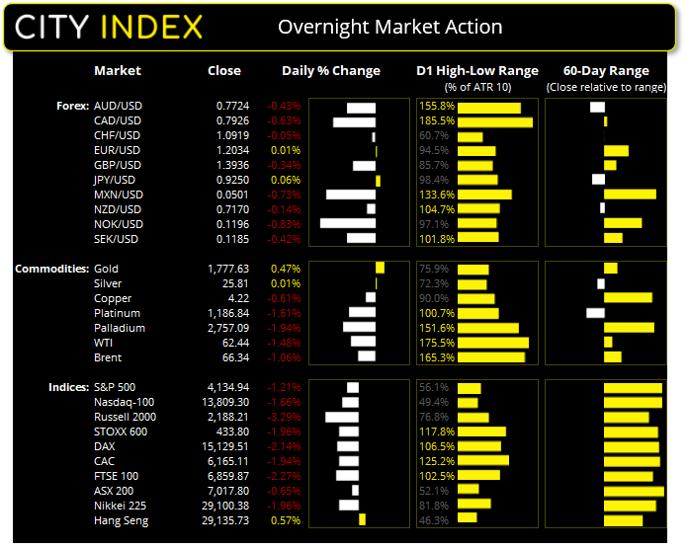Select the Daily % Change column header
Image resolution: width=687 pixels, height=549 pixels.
tap(331, 71)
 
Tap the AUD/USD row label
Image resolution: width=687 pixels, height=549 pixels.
tap(118, 105)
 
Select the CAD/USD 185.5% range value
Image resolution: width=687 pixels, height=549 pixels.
tap(436, 120)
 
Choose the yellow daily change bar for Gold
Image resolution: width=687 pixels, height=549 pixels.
tap(381, 269)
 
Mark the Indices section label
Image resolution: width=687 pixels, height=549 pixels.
tap(67, 387)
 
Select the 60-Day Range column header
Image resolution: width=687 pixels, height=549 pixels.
tap(605, 71)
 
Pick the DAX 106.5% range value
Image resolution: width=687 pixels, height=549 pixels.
tap(436, 446)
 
